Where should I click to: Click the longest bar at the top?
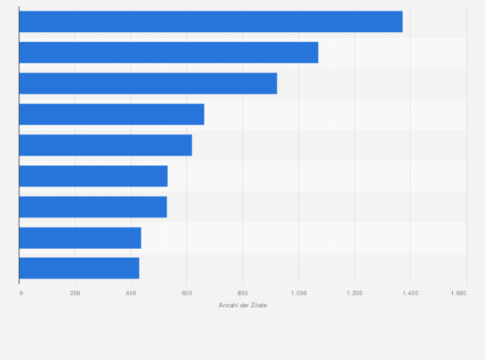[x=210, y=22]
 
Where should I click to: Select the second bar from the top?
[x=169, y=53]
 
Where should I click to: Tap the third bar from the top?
[x=148, y=84]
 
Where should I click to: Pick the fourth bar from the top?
[x=111, y=114]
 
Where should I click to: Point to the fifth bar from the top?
[x=105, y=145]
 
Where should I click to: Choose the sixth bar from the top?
[x=93, y=176]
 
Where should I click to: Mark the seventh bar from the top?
[x=93, y=207]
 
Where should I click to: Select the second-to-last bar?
[x=80, y=238]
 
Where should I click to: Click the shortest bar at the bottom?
[x=79, y=268]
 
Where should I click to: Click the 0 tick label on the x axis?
[x=21, y=293]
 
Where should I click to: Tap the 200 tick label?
[x=75, y=293]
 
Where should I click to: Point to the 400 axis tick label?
[x=131, y=293]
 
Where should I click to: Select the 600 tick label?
[x=187, y=293]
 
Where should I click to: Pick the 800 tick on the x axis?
[x=243, y=293]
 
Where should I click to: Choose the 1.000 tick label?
[x=298, y=293]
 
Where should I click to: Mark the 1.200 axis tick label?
[x=354, y=293]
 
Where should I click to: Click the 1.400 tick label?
[x=410, y=293]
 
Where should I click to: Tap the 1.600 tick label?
[x=458, y=293]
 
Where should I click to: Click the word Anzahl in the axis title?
[x=228, y=305]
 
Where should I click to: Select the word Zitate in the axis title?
[x=258, y=305]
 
